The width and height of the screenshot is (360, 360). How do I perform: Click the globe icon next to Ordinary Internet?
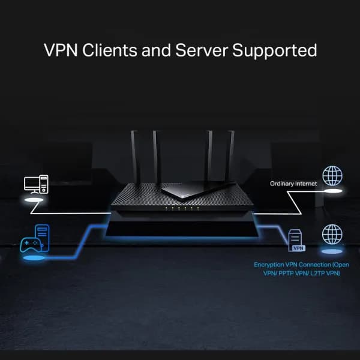click(332, 176)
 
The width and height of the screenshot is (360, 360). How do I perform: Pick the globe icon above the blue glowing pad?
click(332, 234)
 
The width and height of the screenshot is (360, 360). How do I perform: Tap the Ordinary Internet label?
click(293, 184)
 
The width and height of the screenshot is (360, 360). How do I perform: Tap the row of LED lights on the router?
click(181, 209)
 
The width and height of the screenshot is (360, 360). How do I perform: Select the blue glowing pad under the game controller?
click(34, 258)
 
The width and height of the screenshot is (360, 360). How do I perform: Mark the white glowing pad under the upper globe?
click(332, 191)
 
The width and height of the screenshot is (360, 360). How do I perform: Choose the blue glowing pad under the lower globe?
click(332, 251)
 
